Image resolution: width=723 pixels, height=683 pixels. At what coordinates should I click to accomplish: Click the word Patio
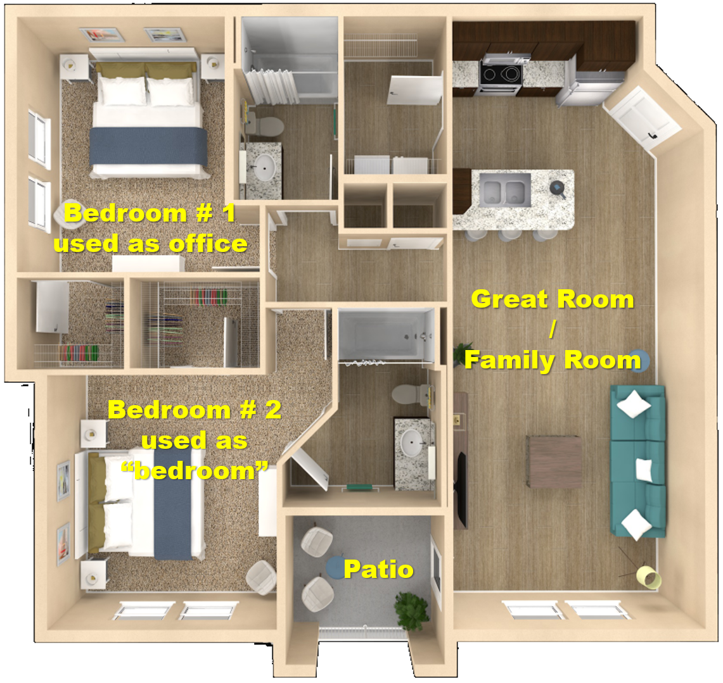(x=378, y=569)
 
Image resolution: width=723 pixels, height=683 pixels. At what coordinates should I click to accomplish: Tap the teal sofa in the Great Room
(x=638, y=461)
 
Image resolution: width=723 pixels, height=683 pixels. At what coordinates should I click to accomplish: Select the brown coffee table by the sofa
(x=554, y=461)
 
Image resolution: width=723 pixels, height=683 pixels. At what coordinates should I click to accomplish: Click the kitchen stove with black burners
(x=501, y=75)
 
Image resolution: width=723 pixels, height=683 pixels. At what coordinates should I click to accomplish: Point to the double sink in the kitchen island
(x=504, y=189)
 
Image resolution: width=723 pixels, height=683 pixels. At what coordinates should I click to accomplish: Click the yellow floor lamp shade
(x=648, y=578)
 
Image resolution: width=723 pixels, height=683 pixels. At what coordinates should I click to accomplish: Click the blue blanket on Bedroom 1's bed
(x=148, y=146)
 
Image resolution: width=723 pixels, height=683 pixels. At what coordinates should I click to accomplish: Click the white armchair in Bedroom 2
(x=261, y=577)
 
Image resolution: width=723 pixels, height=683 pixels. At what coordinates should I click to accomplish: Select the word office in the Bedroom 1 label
(x=208, y=244)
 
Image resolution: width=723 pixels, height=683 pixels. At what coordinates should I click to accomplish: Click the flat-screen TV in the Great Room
(x=461, y=487)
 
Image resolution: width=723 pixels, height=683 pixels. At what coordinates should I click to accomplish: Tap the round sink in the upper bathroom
(x=264, y=166)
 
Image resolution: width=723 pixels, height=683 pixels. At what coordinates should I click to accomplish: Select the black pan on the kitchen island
(x=558, y=189)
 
